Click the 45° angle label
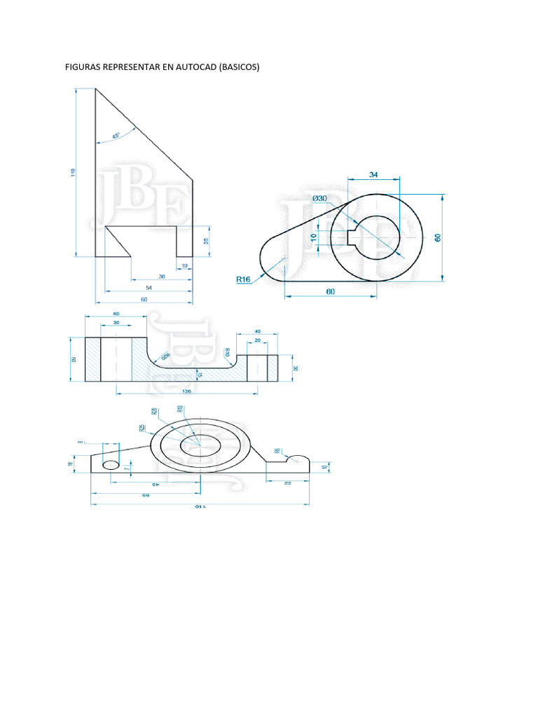tap(116, 134)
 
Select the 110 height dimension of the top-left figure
tap(74, 172)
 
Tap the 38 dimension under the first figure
tap(162, 277)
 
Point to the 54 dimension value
tap(149, 288)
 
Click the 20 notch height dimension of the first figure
tap(205, 241)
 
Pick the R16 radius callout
tap(243, 279)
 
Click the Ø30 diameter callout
tap(319, 199)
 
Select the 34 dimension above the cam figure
tap(373, 174)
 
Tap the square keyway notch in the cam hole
tap(352, 237)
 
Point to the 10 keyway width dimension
tap(313, 237)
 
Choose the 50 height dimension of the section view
tap(73, 359)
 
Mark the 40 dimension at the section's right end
tap(258, 331)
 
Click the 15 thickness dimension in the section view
tap(200, 375)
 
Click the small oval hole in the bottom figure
tap(111, 465)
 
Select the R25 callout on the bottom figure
tap(142, 428)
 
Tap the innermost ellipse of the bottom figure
tap(200, 446)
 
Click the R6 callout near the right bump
tap(277, 452)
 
